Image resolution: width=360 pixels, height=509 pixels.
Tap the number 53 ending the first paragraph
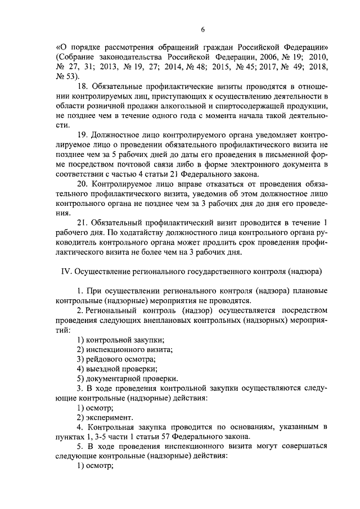[x=69, y=77]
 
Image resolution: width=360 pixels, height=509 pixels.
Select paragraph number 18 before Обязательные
[x=81, y=87]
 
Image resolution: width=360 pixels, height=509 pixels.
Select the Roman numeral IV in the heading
[x=65, y=271]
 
